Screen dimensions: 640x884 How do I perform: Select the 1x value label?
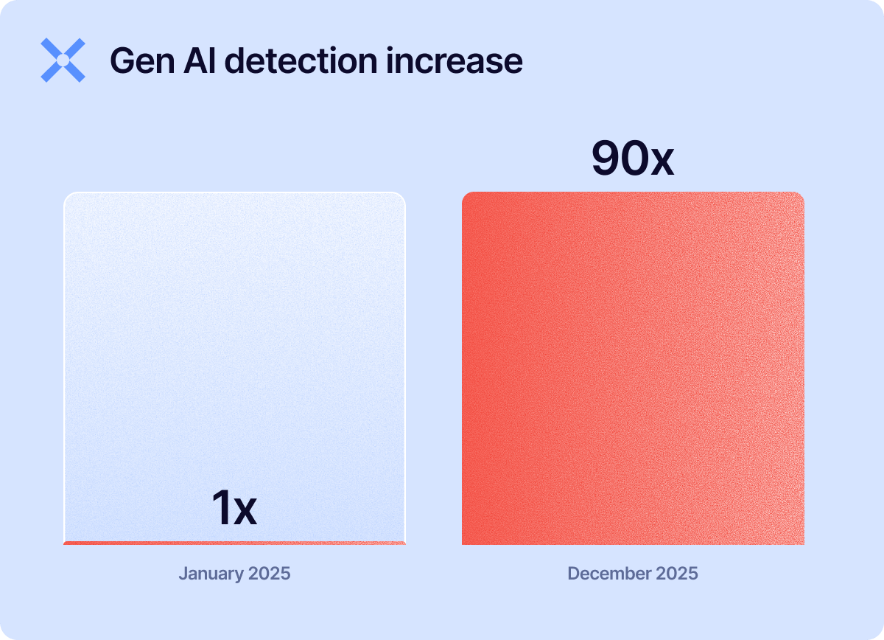(x=234, y=509)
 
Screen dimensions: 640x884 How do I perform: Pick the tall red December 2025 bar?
(x=633, y=369)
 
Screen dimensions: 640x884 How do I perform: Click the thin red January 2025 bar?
(x=234, y=543)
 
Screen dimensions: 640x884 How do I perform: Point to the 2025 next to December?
(x=674, y=574)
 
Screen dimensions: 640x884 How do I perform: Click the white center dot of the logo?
(x=63, y=60)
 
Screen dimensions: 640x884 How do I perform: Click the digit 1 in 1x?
(x=222, y=509)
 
